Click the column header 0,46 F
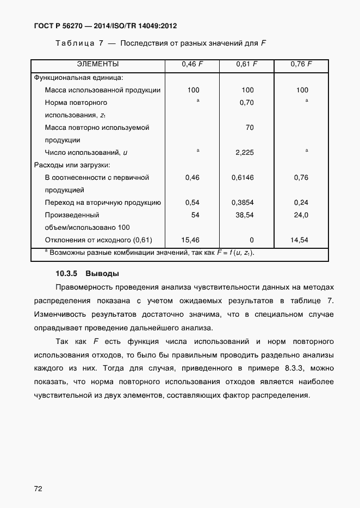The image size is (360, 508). tap(193, 65)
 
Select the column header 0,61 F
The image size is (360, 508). tap(247, 65)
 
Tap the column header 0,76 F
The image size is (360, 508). tap(301, 65)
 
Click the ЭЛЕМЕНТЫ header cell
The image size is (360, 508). tap(98, 65)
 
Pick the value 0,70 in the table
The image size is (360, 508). tap(247, 103)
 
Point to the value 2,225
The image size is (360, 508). tap(245, 153)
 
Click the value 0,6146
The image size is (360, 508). tap(243, 178)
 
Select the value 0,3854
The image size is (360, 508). tap(243, 203)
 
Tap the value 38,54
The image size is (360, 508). tap(244, 215)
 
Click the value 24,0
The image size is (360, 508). tap(301, 215)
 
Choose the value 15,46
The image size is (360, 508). tap(190, 240)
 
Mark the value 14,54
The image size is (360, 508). tap(300, 240)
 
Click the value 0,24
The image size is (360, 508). tap(301, 203)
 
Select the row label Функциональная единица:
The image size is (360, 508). tap(79, 78)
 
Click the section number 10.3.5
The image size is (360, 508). tap(67, 273)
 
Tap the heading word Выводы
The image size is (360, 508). tap(102, 273)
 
